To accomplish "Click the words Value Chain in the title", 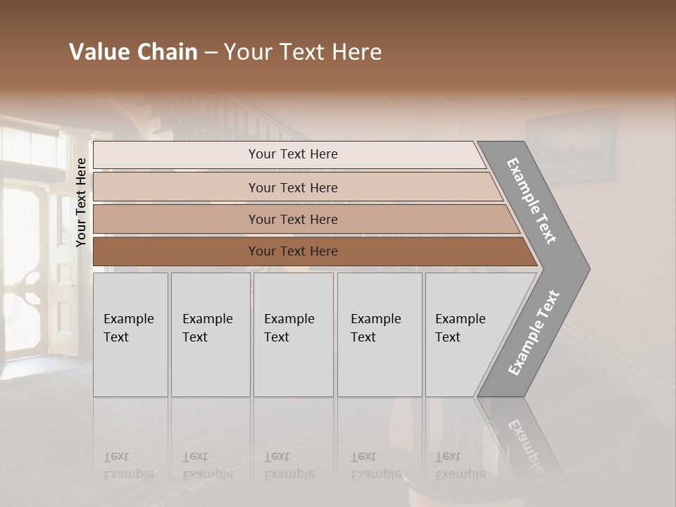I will (133, 52).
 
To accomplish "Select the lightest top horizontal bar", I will (176, 155).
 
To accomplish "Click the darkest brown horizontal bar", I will (176, 251).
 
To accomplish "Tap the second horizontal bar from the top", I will (176, 187).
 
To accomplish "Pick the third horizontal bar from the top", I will (176, 219).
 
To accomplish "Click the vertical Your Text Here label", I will (82, 202).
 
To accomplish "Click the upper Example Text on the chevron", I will (532, 201).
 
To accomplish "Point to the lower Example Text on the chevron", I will (534, 332).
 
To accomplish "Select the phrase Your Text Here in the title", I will (303, 52).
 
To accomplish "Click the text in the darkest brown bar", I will (293, 251).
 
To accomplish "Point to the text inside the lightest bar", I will (293, 154).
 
